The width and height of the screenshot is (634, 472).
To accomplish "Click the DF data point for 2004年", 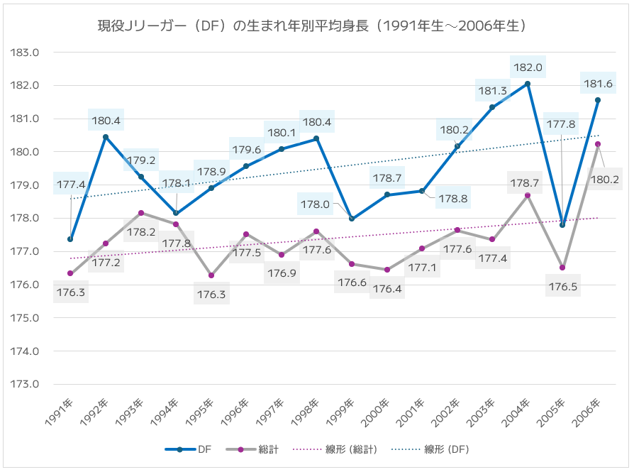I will pos(528,84).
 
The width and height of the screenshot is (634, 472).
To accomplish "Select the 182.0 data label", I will pos(528,67).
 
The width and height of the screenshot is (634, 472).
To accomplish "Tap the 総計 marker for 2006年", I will pos(598,144).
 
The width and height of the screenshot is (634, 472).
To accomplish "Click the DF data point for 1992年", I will pos(106,137).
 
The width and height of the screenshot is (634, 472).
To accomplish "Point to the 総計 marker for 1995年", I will pos(211,275).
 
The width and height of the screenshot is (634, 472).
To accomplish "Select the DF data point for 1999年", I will pos(352,219).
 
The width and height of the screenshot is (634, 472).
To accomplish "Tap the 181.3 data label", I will pos(493,91).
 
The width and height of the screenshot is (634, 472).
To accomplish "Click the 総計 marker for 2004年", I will pos(528,195).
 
